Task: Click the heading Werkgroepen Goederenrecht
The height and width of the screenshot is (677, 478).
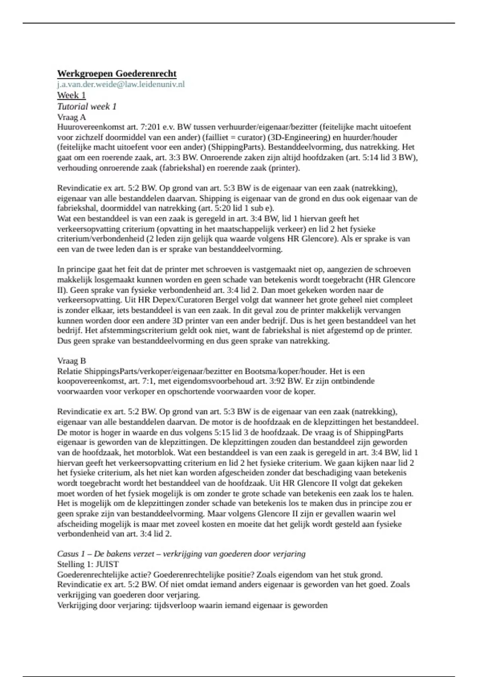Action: click(117, 74)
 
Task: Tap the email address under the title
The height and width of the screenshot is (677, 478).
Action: click(121, 84)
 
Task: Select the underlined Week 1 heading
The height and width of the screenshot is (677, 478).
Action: click(71, 95)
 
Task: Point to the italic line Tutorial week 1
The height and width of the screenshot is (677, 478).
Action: click(87, 106)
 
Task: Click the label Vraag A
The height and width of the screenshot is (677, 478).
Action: click(71, 117)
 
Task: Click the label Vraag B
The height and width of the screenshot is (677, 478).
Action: click(71, 361)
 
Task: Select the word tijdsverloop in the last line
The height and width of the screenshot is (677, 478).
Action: click(174, 605)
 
